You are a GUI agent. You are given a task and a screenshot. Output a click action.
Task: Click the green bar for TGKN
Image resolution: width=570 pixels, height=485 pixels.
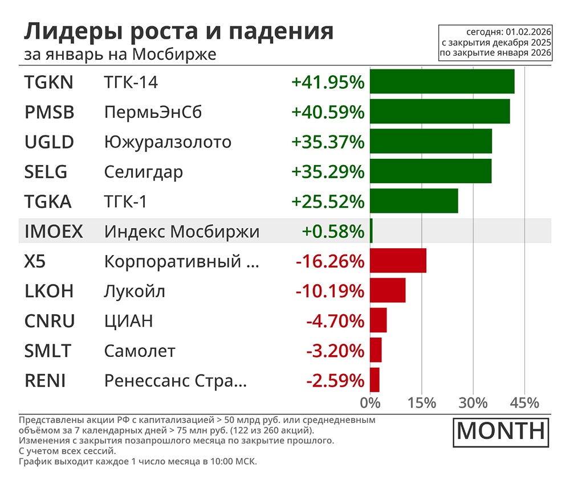(x=442, y=81)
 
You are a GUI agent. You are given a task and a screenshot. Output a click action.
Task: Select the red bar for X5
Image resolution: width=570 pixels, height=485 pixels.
(x=398, y=261)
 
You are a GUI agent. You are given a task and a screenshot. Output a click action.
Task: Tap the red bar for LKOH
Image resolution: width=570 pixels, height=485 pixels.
(x=388, y=291)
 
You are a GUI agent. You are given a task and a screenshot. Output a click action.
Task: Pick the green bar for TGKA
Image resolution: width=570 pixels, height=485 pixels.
(x=414, y=201)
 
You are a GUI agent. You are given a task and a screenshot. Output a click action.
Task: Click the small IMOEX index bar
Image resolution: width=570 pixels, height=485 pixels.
(x=371, y=231)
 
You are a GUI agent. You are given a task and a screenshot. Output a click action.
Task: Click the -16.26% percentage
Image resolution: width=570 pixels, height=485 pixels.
(x=329, y=261)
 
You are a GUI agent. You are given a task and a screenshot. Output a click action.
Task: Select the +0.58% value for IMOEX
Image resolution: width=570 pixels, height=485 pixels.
(x=332, y=231)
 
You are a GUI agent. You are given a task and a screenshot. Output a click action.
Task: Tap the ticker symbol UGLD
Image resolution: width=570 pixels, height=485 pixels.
(x=49, y=142)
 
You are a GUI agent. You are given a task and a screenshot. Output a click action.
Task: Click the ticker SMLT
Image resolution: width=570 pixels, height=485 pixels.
(x=48, y=351)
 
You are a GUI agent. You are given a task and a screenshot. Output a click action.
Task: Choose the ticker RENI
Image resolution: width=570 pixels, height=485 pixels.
(x=45, y=380)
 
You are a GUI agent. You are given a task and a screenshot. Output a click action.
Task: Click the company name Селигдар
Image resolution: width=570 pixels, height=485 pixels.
(x=144, y=172)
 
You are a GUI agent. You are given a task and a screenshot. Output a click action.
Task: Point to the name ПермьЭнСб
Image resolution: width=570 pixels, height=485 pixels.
(x=153, y=112)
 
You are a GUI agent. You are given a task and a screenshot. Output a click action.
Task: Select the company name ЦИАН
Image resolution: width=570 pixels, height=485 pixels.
(x=128, y=321)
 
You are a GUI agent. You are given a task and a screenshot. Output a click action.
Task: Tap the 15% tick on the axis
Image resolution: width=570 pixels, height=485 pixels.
(x=422, y=402)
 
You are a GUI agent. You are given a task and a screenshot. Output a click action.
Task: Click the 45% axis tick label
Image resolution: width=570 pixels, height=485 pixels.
(x=524, y=402)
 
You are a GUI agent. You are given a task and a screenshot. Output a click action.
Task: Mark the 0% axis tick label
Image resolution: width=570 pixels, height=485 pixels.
(x=370, y=402)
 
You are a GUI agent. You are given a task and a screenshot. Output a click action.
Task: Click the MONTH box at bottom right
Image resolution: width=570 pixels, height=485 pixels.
(x=501, y=431)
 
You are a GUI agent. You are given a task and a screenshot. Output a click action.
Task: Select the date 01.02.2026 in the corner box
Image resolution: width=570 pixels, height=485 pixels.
(x=529, y=32)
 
